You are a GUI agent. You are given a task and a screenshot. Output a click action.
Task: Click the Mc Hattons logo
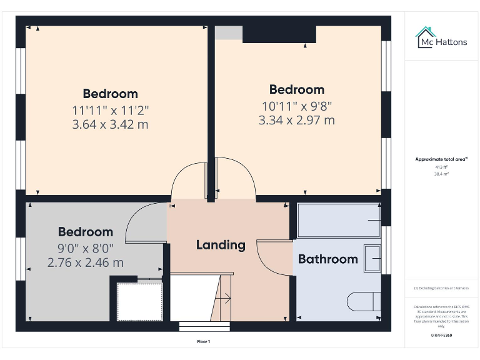coord(441,38)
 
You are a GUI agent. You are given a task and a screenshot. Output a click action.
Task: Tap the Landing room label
coord(221,244)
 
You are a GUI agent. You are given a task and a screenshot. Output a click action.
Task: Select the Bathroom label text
coord(327,259)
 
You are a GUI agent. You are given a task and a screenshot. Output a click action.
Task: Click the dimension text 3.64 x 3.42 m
coord(110,124)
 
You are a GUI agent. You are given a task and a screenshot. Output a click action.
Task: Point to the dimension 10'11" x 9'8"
coord(296,106)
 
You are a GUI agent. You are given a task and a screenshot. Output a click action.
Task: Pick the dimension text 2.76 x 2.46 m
coord(85,262)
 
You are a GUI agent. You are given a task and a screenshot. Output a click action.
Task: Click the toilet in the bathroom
coord(363,302)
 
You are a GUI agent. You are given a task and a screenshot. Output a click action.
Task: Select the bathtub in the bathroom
coord(338,220)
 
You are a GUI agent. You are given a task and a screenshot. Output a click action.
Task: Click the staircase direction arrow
coord(226,299)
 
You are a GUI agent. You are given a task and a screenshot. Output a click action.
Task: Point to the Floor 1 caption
coord(204,342)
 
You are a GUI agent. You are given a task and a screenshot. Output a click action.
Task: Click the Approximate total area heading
coord(441,159)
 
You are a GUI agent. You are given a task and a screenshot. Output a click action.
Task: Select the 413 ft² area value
coord(441,167)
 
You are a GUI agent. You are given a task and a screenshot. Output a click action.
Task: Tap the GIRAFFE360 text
coord(441,336)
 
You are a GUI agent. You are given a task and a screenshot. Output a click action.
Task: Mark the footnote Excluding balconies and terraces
coord(441,288)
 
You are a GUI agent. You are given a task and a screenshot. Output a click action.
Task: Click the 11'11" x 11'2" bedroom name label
coord(110,94)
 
